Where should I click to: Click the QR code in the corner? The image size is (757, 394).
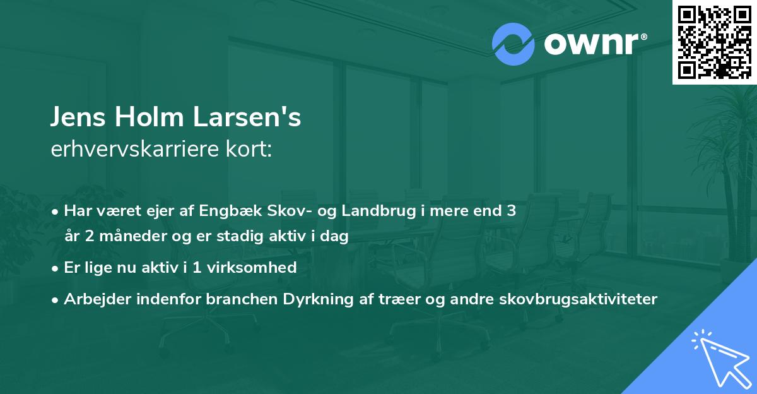pyautogui.click(x=714, y=42)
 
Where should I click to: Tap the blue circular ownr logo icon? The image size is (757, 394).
pyautogui.click(x=509, y=44)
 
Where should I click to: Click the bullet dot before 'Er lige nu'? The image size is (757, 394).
pyautogui.click(x=56, y=268)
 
